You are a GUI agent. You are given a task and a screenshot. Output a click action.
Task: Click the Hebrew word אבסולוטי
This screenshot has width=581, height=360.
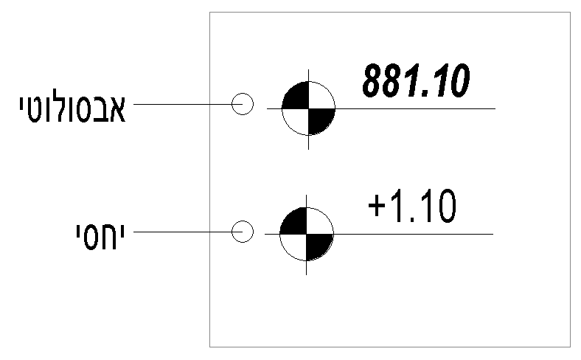(72, 108)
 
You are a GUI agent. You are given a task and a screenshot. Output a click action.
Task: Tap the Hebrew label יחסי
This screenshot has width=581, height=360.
(94, 232)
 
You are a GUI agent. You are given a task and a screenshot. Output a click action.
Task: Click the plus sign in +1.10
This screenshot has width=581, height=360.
(378, 209)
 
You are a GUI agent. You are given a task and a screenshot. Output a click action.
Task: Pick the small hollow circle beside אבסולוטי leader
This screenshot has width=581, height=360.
(243, 104)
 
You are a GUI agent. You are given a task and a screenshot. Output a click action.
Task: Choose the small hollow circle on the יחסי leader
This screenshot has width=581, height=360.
(243, 232)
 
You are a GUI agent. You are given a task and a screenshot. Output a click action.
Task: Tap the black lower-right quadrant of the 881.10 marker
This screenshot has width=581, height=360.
(319, 119)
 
